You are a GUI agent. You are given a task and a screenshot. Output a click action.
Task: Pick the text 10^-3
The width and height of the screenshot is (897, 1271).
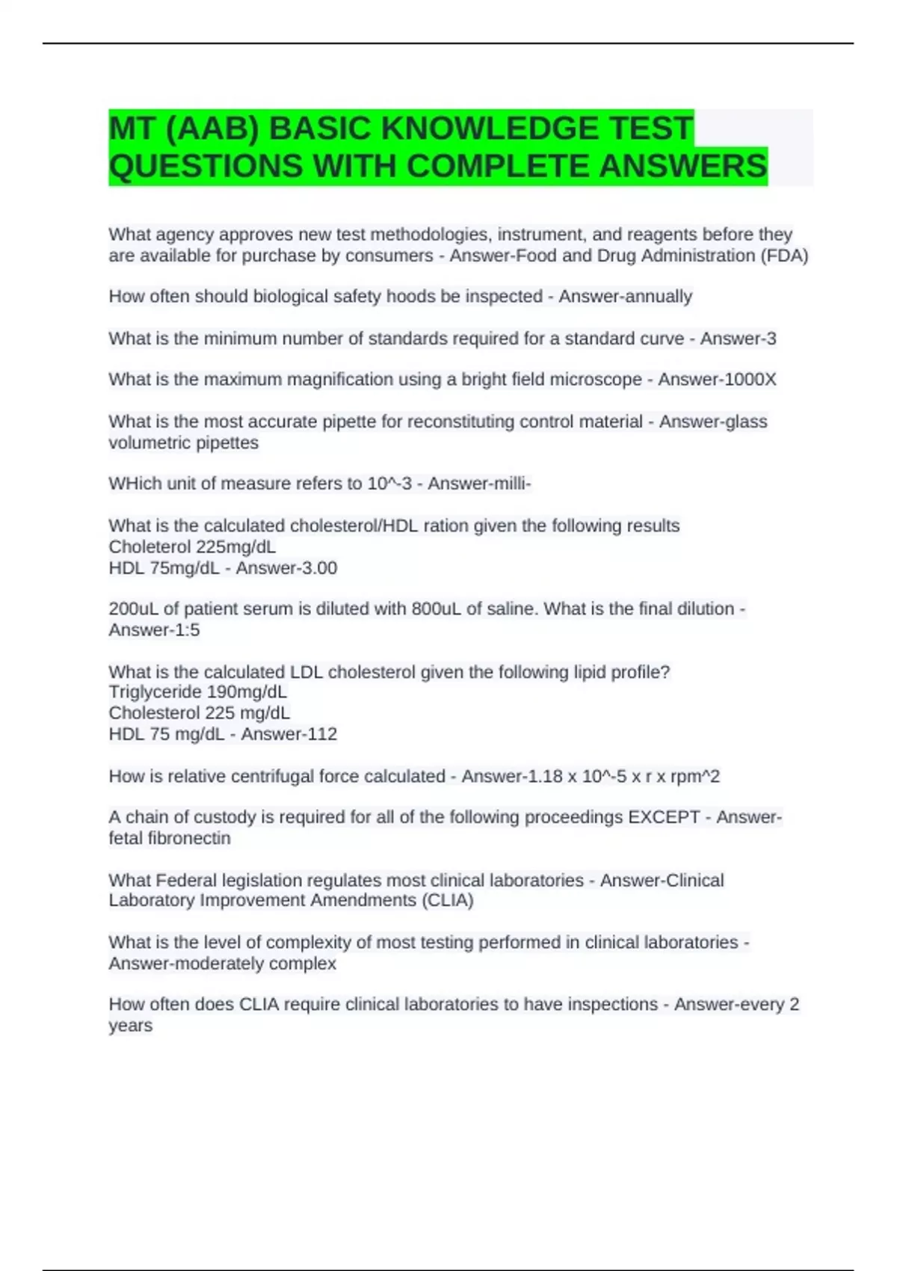[389, 484]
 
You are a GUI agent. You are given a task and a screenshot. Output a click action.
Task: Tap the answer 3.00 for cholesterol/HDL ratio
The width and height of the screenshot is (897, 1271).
[315, 568]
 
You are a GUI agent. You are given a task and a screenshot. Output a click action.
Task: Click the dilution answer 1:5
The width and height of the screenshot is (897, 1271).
[183, 630]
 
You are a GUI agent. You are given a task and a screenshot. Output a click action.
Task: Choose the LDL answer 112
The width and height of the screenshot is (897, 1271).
[321, 734]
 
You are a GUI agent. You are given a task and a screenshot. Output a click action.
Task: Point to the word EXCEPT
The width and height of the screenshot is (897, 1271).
[664, 817]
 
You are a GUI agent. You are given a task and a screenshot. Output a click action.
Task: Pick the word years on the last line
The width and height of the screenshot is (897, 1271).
[130, 1026]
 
